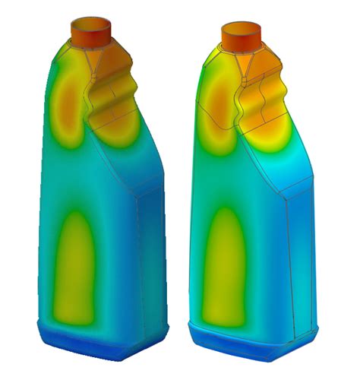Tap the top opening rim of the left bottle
[91, 20]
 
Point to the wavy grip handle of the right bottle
[262, 103]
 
